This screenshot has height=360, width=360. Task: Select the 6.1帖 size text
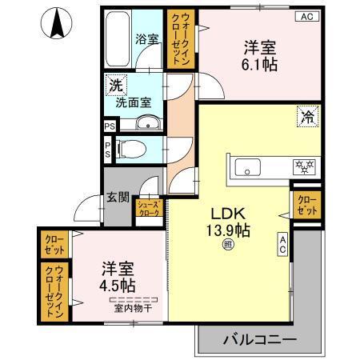click(x=261, y=65)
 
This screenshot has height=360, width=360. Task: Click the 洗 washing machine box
click(x=116, y=84)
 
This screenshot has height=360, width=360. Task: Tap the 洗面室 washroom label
click(x=132, y=102)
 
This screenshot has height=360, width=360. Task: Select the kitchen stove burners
click(x=305, y=167)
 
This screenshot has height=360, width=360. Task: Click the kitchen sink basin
click(x=247, y=167)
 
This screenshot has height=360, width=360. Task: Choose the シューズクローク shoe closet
click(x=150, y=209)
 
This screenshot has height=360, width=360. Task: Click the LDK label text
click(x=227, y=214)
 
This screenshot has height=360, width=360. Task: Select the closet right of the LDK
click(x=305, y=204)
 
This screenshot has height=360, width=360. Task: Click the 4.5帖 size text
click(x=117, y=285)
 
